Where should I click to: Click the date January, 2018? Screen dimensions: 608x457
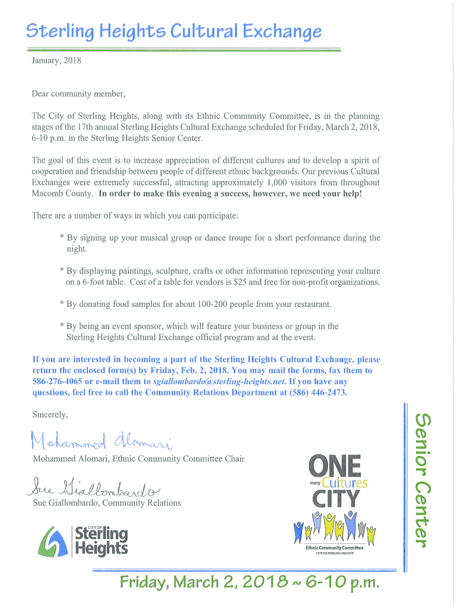tap(56, 60)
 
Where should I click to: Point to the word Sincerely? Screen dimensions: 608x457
tap(50, 414)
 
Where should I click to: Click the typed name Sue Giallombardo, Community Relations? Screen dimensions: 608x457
tap(107, 503)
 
